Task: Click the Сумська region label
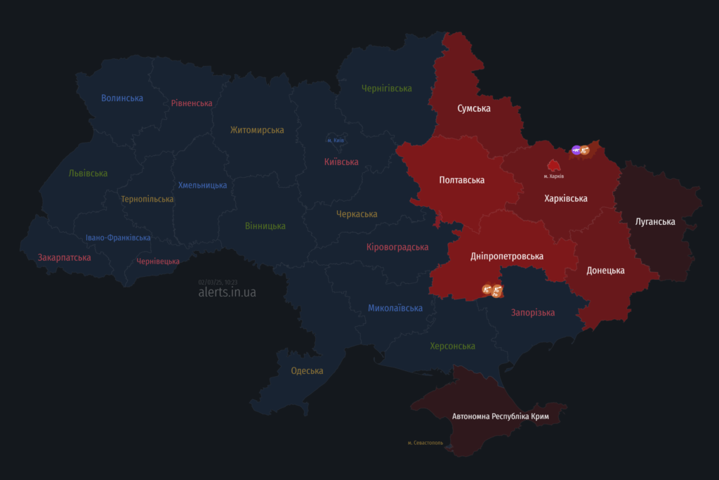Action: pyautogui.click(x=474, y=108)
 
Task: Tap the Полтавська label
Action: pyautogui.click(x=461, y=180)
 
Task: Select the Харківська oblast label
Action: pyautogui.click(x=565, y=198)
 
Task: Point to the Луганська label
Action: pyautogui.click(x=655, y=221)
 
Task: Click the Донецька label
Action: pyautogui.click(x=605, y=270)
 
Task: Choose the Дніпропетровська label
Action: pyautogui.click(x=507, y=256)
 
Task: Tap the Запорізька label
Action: pyautogui.click(x=533, y=312)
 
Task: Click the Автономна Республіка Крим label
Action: pyautogui.click(x=500, y=417)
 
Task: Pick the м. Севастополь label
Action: pyautogui.click(x=425, y=443)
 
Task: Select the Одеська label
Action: pyautogui.click(x=307, y=370)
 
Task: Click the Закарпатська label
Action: pyautogui.click(x=65, y=257)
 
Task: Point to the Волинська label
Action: pyautogui.click(x=122, y=98)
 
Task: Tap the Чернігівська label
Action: pyautogui.click(x=386, y=88)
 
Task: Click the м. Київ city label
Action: pyautogui.click(x=336, y=141)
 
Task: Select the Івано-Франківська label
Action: pyautogui.click(x=118, y=238)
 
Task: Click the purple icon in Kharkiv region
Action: pyautogui.click(x=576, y=150)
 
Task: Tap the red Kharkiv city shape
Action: pyautogui.click(x=553, y=165)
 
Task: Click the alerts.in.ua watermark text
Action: pyautogui.click(x=227, y=292)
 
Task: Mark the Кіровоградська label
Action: pyautogui.click(x=397, y=247)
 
